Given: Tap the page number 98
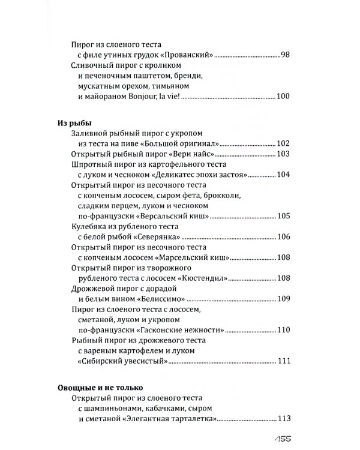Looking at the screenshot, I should click(x=285, y=55).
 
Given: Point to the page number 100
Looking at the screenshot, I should click(x=283, y=97).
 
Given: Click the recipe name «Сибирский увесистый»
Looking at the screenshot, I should click(x=122, y=360).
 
